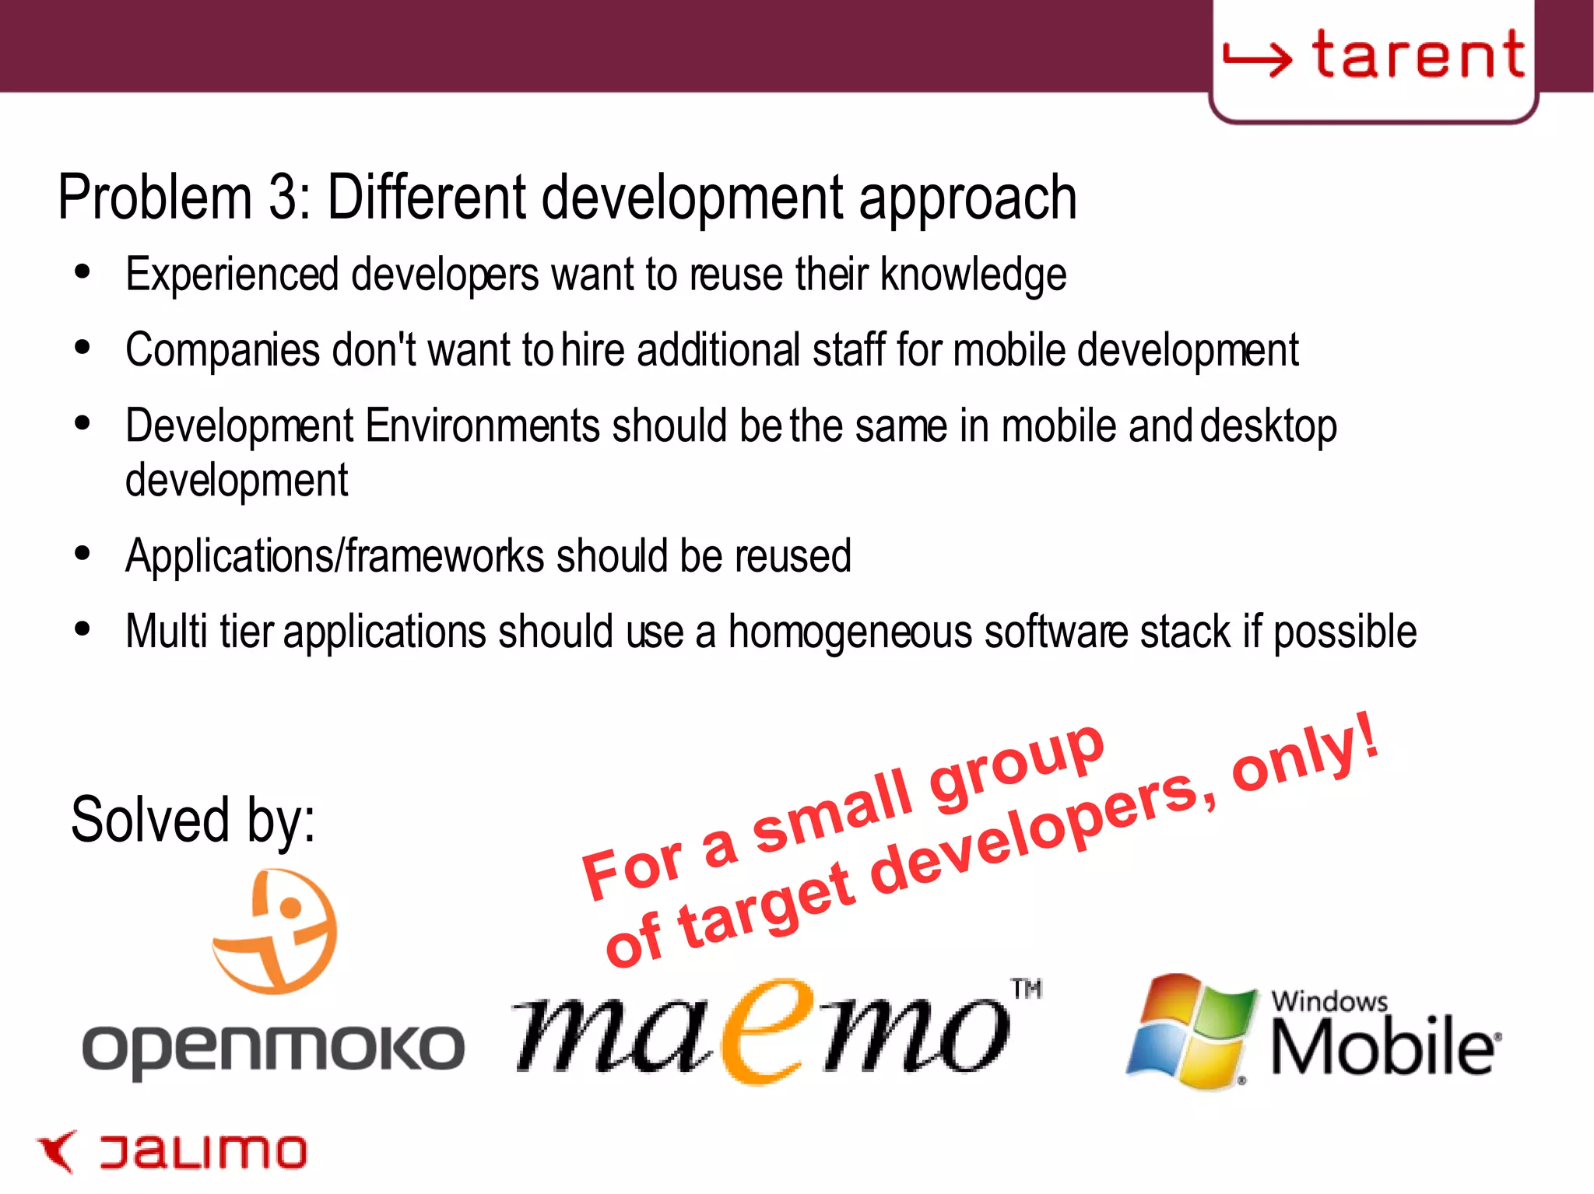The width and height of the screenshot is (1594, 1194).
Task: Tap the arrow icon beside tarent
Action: pyautogui.click(x=1257, y=59)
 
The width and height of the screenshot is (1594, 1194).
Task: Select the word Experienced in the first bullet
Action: pyautogui.click(x=232, y=275)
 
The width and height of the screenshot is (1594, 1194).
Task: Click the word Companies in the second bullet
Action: pyautogui.click(x=223, y=351)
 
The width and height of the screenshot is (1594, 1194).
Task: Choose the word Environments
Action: pyautogui.click(x=482, y=426)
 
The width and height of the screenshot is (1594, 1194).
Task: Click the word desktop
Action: pyautogui.click(x=1268, y=427)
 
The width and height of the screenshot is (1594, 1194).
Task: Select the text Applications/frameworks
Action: pyautogui.click(x=335, y=556)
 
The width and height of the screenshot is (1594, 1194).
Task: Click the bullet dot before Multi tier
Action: pyautogui.click(x=83, y=629)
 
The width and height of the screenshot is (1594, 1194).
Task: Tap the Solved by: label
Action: pyautogui.click(x=193, y=820)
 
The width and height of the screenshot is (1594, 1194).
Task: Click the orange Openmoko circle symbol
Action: pyautogui.click(x=276, y=931)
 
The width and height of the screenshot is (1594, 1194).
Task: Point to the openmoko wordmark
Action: pyautogui.click(x=273, y=1049)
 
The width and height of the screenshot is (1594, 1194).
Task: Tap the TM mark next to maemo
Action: pyautogui.click(x=1027, y=989)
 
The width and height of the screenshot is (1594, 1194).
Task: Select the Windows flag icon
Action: pyautogui.click(x=1191, y=1031)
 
